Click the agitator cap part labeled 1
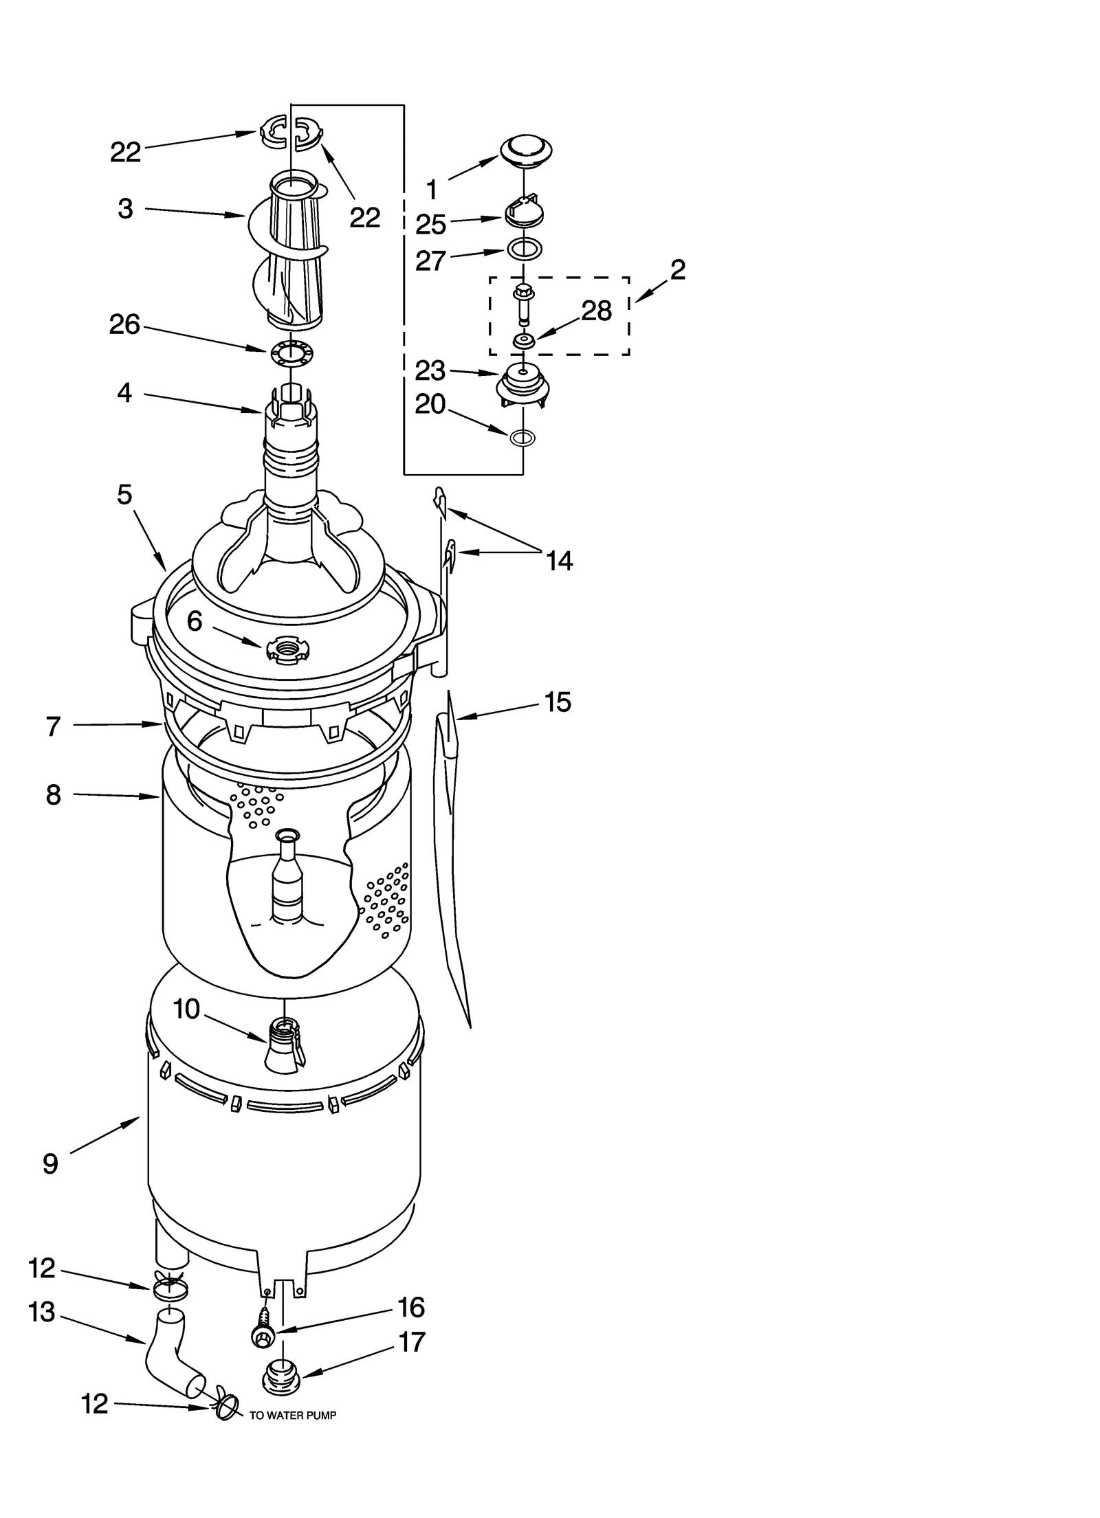(526, 149)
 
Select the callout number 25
(431, 225)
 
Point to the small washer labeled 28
(523, 339)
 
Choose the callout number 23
(431, 371)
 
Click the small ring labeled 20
(523, 436)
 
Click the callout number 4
(124, 393)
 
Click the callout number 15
(558, 702)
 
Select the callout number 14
(560, 561)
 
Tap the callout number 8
(54, 794)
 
